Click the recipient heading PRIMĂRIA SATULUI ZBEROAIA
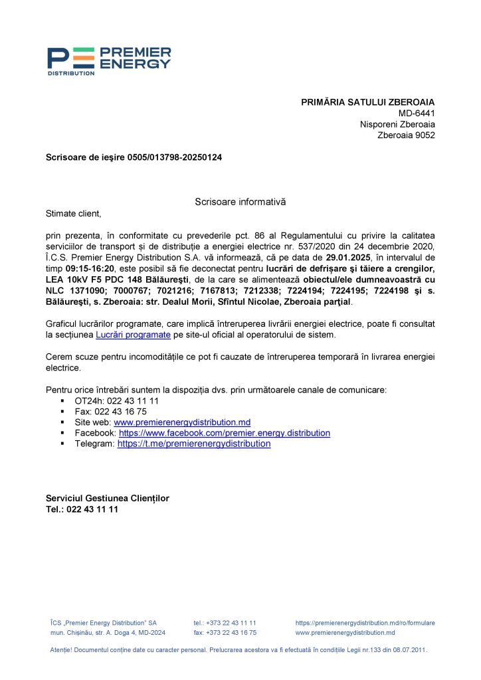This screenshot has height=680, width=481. (368, 102)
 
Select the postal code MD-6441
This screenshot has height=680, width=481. (417, 114)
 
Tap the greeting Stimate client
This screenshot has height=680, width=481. (73, 213)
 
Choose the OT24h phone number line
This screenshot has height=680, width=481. (116, 401)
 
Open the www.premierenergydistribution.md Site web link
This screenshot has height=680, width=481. (182, 422)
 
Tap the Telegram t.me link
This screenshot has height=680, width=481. (194, 444)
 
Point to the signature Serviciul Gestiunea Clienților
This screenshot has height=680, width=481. (107, 498)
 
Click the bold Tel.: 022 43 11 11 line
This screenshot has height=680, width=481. (82, 509)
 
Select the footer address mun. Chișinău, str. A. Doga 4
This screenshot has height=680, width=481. (108, 633)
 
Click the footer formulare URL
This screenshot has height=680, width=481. (365, 623)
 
